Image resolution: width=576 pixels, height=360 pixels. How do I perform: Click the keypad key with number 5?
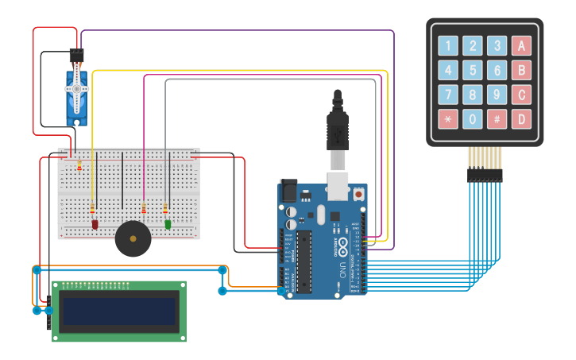click(x=473, y=70)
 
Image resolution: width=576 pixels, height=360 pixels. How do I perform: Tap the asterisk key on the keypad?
click(x=448, y=119)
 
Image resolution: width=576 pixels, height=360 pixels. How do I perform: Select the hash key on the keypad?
click(x=497, y=119)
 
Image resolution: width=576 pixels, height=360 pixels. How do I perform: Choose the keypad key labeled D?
click(x=521, y=119)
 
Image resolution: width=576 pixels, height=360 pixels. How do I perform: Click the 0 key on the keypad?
click(x=473, y=119)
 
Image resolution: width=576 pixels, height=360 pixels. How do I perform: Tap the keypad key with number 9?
click(x=497, y=95)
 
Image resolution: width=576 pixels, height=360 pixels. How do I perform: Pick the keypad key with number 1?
click(x=448, y=45)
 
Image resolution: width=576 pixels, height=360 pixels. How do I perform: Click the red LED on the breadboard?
click(x=95, y=225)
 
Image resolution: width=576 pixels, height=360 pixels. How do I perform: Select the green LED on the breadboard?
click(x=168, y=225)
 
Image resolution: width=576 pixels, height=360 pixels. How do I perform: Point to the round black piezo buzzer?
click(x=133, y=238)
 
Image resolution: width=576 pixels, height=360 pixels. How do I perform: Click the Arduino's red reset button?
click(x=358, y=193)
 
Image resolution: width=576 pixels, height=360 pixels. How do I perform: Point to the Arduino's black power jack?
click(x=288, y=191)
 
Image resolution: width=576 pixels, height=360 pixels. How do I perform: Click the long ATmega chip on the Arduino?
click(x=303, y=262)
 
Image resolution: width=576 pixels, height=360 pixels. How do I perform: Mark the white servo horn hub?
click(x=77, y=88)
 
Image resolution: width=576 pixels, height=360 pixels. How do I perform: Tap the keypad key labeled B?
click(x=521, y=70)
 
